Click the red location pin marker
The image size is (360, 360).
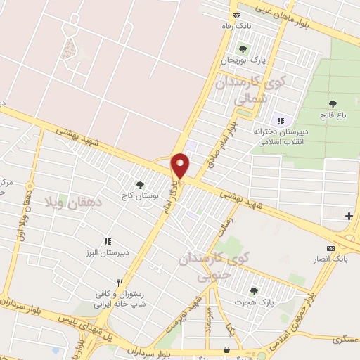181,165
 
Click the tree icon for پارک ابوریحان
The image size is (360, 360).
243,49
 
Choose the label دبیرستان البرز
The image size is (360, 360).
107,252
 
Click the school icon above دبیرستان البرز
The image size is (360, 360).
107,241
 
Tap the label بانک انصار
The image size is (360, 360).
330,259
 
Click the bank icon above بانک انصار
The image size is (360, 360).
330,248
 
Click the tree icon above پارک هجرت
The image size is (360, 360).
254,290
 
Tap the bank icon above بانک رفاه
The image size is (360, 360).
237,15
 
